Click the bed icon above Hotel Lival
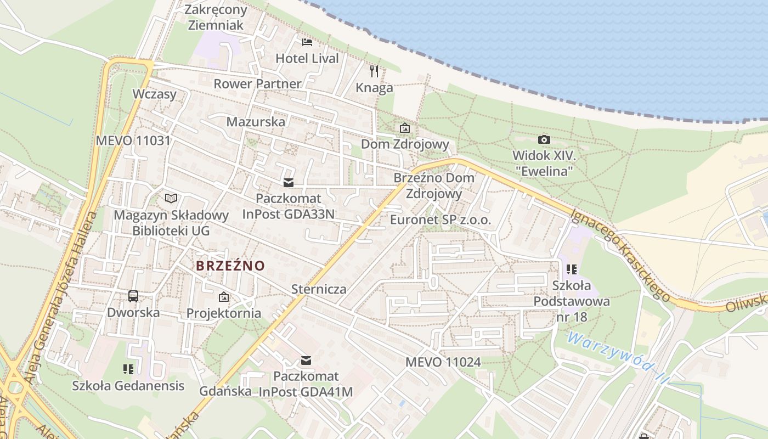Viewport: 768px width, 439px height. tap(307, 42)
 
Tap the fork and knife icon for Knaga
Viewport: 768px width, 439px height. tap(374, 71)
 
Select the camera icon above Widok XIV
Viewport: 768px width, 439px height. tap(544, 139)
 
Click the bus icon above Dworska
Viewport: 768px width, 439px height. tap(133, 296)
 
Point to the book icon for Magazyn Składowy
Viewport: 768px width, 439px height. tap(171, 198)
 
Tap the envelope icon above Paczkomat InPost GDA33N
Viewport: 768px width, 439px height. tap(289, 182)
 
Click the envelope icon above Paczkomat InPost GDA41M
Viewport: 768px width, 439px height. tap(306, 361)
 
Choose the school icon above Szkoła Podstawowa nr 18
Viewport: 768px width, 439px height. tap(572, 269)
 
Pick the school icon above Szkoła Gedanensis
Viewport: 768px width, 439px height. tap(128, 369)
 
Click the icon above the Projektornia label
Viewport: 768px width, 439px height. tap(224, 297)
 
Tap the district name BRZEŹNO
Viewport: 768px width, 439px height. tap(230, 266)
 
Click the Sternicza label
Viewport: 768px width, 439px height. tap(319, 289)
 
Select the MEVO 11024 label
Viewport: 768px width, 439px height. tap(443, 362)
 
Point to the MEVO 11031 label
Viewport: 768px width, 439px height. tap(133, 140)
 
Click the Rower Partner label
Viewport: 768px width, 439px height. tap(257, 84)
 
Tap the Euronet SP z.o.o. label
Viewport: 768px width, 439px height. tap(441, 220)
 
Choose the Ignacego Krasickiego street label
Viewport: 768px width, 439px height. tap(620, 255)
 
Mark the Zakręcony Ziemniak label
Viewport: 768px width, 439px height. tap(216, 17)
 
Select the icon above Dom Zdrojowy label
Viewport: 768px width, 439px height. tap(405, 128)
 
